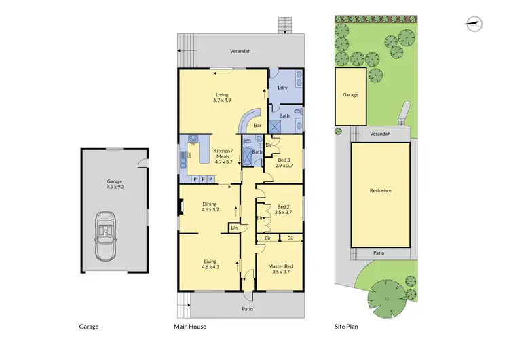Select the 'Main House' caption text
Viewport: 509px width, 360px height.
point(191,327)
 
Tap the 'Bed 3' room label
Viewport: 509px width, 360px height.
point(284,162)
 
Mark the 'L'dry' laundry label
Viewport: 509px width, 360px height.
point(284,88)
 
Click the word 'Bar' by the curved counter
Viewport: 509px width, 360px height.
point(258,126)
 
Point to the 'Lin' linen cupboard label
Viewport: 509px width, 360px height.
point(234,228)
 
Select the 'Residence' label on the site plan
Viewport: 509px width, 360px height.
point(380,191)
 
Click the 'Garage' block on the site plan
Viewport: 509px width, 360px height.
point(350,96)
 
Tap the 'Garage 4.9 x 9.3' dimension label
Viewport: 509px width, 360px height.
point(115,185)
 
